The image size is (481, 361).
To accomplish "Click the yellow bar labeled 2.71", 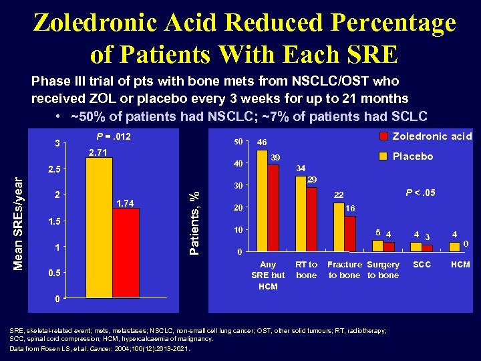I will coord(100,227).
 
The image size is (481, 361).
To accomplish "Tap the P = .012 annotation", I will coord(114,137).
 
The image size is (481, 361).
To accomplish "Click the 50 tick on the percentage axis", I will coord(237,142).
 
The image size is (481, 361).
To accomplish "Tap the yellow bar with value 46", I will coord(262,201).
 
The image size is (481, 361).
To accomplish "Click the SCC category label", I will coord(422,265).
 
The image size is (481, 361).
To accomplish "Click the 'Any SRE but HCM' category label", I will coord(268,275).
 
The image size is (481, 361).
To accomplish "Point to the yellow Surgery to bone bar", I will coord(377,246).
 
